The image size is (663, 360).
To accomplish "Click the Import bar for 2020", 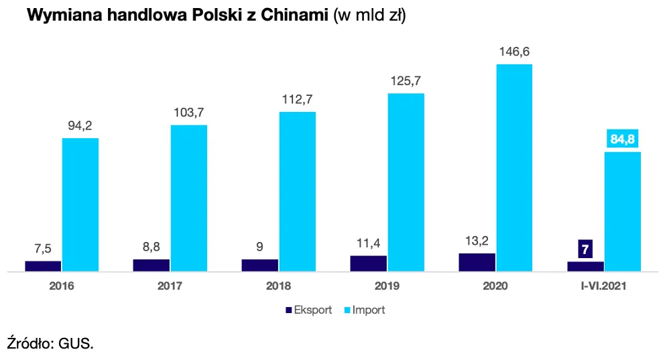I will click(x=514, y=168).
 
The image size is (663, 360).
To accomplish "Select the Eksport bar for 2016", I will click(x=43, y=266).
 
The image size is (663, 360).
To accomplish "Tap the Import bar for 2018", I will click(x=297, y=191).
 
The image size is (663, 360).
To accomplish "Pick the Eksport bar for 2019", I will click(x=368, y=263).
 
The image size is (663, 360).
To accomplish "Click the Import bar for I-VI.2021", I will click(x=623, y=211).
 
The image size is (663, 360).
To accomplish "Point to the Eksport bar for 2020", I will click(x=477, y=262).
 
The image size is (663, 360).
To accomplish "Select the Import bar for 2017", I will click(x=188, y=198).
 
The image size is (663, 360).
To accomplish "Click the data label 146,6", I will click(x=514, y=51).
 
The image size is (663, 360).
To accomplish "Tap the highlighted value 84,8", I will click(x=623, y=139).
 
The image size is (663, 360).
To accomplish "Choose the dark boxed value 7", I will click(x=585, y=249).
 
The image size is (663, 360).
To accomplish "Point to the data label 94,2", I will click(x=80, y=125).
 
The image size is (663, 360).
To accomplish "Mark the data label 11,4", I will click(x=368, y=243).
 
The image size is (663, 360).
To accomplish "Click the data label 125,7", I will click(x=406, y=80).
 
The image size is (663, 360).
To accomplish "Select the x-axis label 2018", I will click(x=278, y=286).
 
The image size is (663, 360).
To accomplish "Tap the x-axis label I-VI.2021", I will click(x=604, y=286).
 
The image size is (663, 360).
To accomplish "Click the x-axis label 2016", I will click(x=61, y=286).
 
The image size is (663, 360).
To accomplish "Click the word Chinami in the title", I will click(x=291, y=17).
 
